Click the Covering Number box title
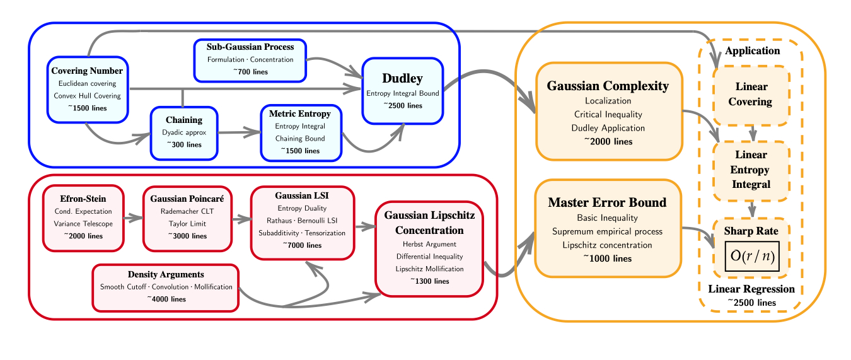87,71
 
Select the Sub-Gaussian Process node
250,60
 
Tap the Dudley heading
402,78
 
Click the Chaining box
184,132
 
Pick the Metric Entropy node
300,133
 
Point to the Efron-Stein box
83,218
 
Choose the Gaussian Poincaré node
187,218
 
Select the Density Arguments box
166,287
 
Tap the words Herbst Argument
429,244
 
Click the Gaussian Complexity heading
608,86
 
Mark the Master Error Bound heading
607,202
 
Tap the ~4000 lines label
166,299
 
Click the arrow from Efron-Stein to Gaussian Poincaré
133,218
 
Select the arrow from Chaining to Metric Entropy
239,132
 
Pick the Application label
752,51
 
